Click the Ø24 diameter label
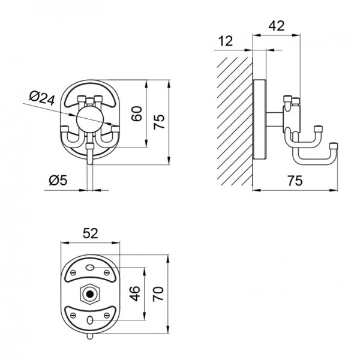coord(42,98)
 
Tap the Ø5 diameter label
coord(58,180)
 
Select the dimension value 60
coord(137,113)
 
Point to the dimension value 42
coord(277,26)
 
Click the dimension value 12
coord(225,41)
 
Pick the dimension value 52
coord(90,233)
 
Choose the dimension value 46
coord(134,293)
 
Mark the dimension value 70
coord(158,293)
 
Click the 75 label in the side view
coord(295,180)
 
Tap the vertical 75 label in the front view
coord(159,122)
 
